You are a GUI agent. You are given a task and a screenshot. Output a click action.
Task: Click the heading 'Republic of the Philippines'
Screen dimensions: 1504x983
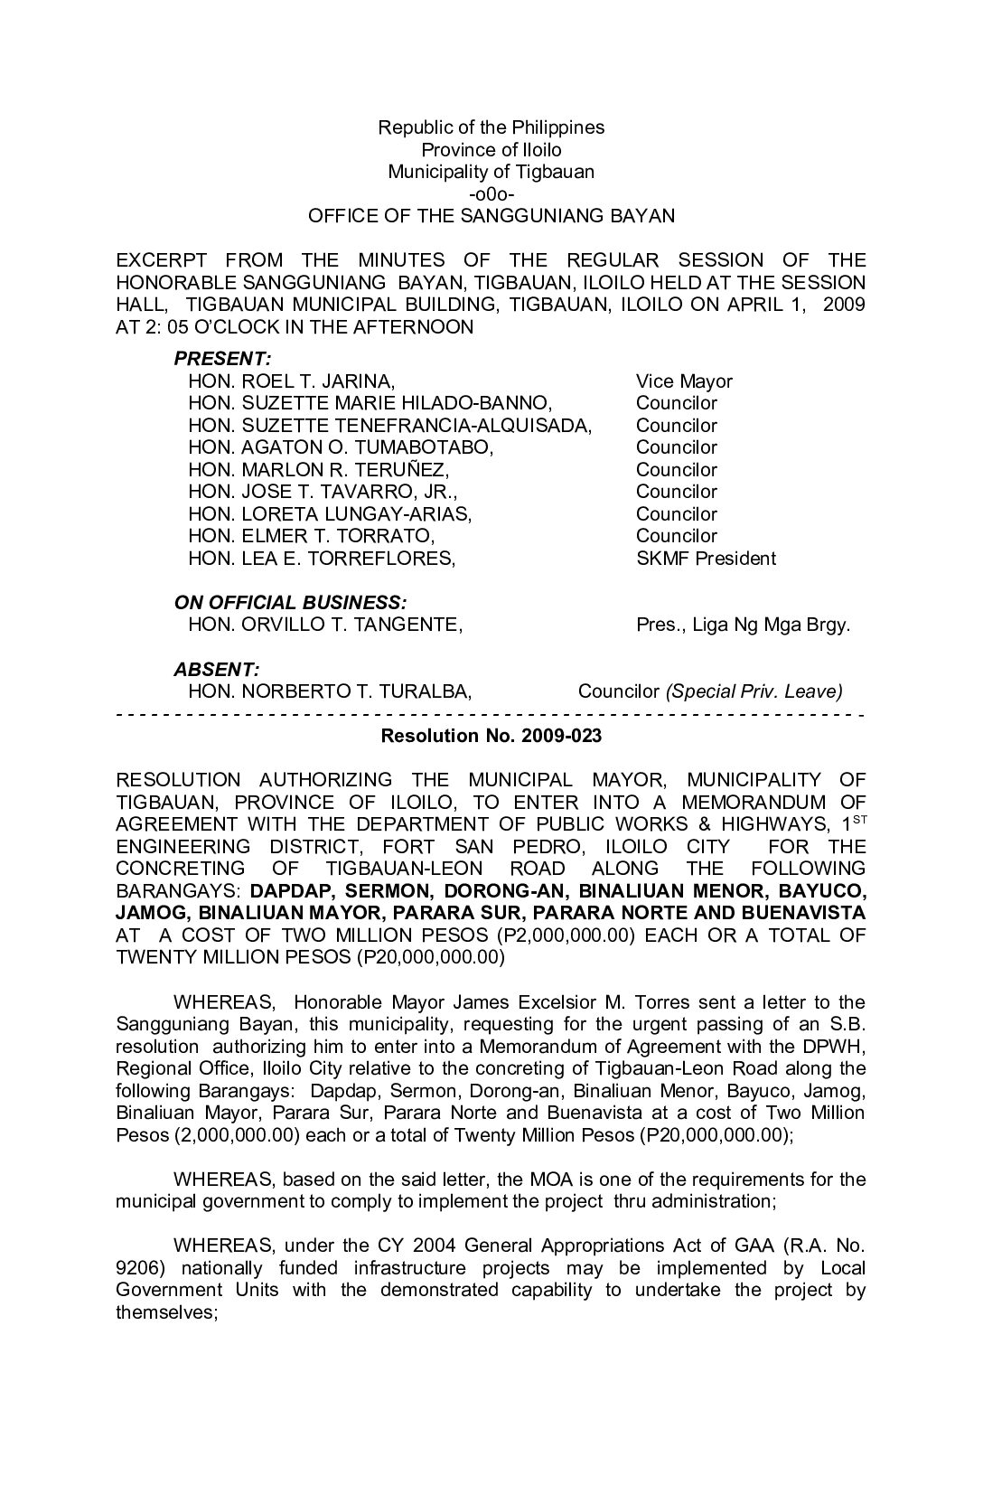(x=491, y=127)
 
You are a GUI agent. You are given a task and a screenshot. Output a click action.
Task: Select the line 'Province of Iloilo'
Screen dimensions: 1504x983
(x=491, y=150)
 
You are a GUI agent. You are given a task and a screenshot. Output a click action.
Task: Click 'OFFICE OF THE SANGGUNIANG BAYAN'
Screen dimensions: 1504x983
(x=491, y=216)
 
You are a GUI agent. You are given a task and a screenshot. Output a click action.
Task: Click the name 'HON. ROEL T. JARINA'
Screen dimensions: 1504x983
(x=291, y=381)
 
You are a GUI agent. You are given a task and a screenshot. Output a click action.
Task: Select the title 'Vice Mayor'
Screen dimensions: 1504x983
(x=684, y=381)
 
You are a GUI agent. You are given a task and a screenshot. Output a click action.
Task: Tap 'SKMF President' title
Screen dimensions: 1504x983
(x=706, y=559)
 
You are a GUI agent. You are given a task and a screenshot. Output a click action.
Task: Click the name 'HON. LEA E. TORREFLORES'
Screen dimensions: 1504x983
(x=322, y=559)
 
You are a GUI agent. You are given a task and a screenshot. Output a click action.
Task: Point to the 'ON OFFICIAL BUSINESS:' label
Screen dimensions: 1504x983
(x=290, y=603)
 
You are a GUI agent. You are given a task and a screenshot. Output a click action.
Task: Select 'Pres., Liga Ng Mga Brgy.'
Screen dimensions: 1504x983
(x=743, y=625)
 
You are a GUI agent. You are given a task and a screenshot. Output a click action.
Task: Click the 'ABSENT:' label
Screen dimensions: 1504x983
(x=217, y=670)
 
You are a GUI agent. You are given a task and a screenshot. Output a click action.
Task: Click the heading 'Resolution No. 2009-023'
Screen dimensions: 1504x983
(x=491, y=737)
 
